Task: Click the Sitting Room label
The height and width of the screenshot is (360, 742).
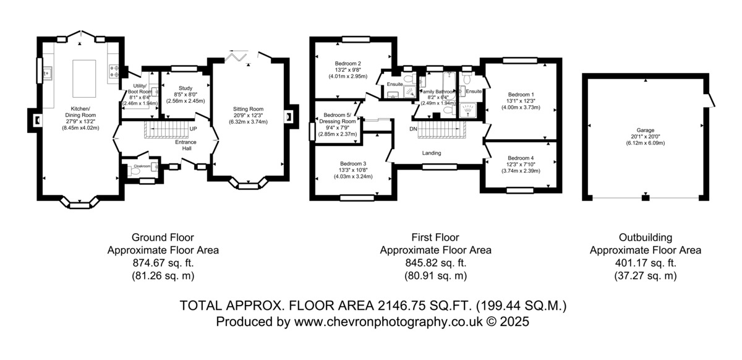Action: tap(248, 109)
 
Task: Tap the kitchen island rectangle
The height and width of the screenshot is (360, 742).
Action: tap(84, 79)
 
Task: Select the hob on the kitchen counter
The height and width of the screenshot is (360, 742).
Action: tap(114, 71)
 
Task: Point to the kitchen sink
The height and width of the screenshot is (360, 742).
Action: tap(47, 72)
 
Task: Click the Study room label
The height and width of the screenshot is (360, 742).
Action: tap(185, 88)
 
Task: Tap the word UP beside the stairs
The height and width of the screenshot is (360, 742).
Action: tap(193, 129)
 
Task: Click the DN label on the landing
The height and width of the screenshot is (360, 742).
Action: tap(413, 129)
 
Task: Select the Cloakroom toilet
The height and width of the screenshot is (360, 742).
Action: tap(135, 171)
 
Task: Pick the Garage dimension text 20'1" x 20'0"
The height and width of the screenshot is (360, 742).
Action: tap(646, 137)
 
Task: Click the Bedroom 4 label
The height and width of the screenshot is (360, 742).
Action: tap(521, 158)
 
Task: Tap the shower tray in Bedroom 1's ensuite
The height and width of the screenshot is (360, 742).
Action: tap(467, 110)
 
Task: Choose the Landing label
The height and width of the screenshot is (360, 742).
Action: tap(432, 153)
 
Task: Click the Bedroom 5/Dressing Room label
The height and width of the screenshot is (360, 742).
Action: tap(338, 118)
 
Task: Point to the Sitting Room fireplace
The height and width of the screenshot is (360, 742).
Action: tap(289, 117)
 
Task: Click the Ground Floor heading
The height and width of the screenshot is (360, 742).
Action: tap(163, 238)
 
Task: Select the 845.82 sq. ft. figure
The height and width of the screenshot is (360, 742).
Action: tap(435, 263)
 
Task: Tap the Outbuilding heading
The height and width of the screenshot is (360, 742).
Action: tap(646, 238)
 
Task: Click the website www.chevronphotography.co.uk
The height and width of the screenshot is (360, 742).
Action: tap(388, 322)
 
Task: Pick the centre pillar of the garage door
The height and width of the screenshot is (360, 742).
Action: tap(646, 198)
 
